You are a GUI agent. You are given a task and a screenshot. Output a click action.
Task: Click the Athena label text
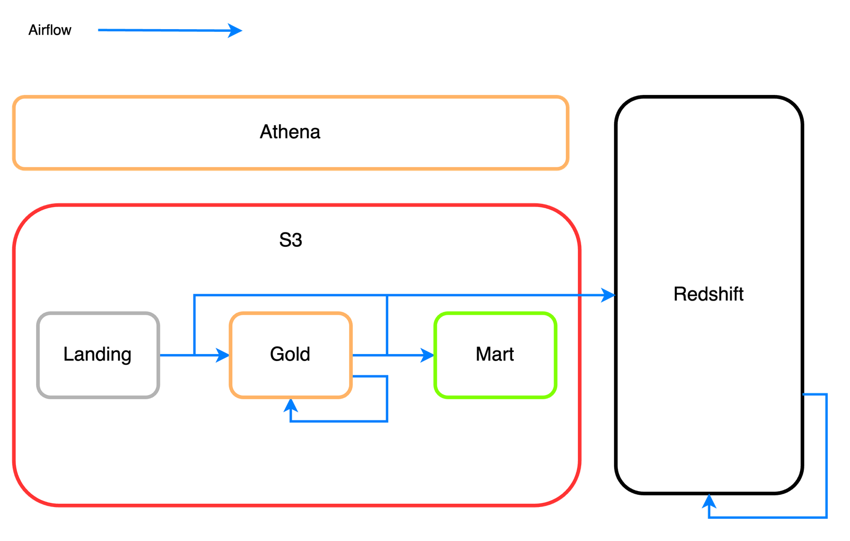[290, 132]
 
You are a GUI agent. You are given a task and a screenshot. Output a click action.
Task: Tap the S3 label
[291, 240]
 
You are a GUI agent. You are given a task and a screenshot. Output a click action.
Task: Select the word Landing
[97, 354]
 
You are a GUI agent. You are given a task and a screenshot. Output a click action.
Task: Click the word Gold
[290, 354]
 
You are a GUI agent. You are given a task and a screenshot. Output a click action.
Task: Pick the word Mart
[495, 354]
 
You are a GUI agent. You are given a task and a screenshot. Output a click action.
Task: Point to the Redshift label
[708, 294]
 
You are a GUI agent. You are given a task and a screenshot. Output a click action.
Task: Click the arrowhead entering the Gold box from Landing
[224, 355]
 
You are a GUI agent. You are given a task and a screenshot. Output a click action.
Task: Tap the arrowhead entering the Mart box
[428, 355]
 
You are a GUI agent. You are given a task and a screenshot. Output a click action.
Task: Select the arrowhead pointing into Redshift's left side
[608, 295]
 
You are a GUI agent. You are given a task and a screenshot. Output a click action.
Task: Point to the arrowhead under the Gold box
[291, 406]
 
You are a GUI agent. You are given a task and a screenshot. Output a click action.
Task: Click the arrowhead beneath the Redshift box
[709, 501]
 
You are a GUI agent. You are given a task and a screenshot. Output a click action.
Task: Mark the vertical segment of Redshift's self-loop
[828, 457]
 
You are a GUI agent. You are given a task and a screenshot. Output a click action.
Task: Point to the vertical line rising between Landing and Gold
[195, 324]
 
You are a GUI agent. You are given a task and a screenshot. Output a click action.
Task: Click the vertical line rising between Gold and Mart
[387, 324]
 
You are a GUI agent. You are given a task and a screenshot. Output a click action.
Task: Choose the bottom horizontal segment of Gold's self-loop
[340, 421]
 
